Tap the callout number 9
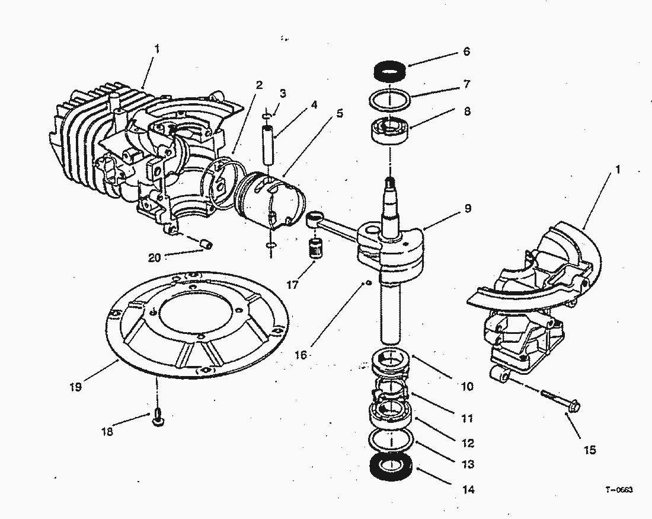pos(468,208)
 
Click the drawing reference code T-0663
pos(619,490)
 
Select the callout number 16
pos(301,355)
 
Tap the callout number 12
pos(468,443)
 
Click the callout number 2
pos(259,84)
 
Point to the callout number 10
pos(468,386)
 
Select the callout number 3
pos(283,93)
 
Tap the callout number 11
pos(468,418)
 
